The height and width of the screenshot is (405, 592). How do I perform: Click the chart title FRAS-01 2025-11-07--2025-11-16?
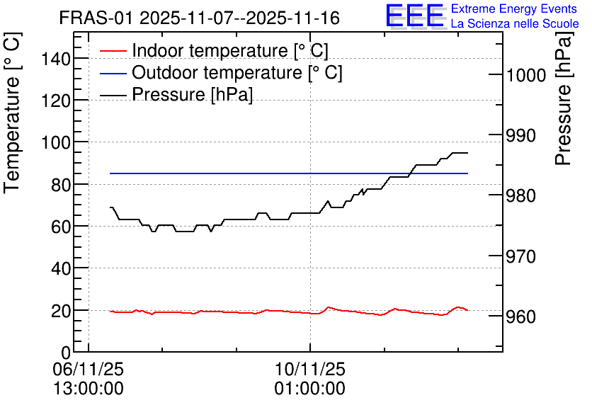200,18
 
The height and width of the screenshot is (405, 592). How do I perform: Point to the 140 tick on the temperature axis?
56,59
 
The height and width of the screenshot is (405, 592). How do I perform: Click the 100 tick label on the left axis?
56,143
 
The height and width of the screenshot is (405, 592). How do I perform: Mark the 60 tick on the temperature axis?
61,227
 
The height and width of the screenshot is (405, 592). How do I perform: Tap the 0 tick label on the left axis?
66,353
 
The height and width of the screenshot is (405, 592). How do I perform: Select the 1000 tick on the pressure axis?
526,75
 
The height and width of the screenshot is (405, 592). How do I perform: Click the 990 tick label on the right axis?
520,135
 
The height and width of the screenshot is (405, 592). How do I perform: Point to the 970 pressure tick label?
520,256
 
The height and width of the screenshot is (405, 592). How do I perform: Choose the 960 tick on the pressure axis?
520,317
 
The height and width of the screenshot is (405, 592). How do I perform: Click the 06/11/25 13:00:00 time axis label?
89,379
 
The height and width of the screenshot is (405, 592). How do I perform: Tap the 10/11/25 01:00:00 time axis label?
310,379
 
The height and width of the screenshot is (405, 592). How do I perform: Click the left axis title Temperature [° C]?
12,113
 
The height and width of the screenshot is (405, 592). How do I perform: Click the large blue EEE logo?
415,16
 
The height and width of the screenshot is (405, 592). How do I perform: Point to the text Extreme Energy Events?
514,8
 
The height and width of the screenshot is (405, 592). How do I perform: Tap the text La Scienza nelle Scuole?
515,23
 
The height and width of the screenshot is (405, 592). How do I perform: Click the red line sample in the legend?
113,51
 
